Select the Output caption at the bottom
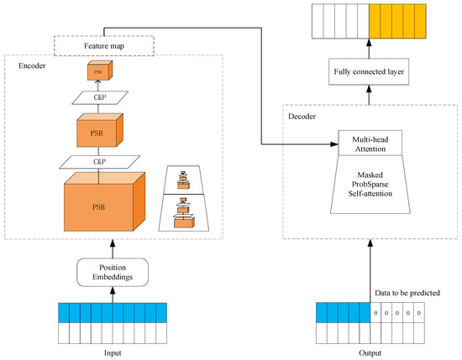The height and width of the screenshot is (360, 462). click(x=370, y=353)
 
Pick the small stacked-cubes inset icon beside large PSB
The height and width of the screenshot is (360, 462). click(x=187, y=201)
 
